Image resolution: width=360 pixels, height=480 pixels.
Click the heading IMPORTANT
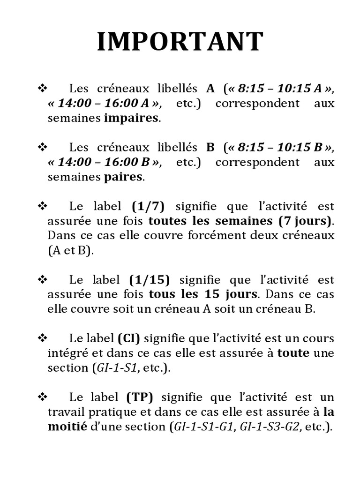(180, 42)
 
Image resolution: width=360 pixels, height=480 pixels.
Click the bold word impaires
(131, 118)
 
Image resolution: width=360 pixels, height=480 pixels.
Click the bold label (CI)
(129, 338)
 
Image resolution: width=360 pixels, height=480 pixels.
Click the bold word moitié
(67, 427)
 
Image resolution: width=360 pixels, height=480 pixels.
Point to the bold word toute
(293, 353)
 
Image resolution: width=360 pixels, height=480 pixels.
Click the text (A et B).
(70, 251)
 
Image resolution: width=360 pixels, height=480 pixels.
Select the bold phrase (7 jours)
(305, 220)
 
